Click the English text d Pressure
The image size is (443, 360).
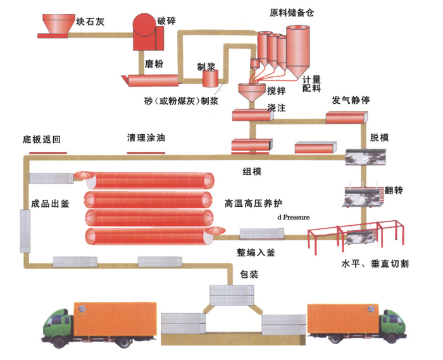coord(293,217)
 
